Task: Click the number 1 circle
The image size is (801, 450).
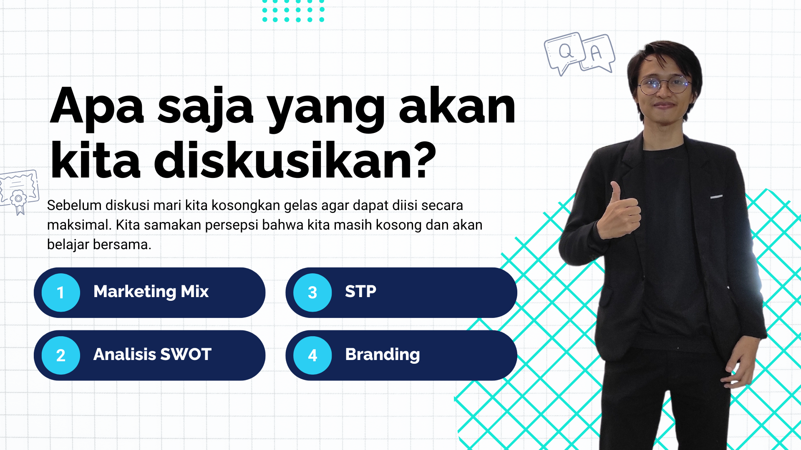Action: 61,292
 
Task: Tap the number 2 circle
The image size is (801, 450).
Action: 61,355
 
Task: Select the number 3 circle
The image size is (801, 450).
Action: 312,292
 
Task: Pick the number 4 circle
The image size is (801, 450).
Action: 312,355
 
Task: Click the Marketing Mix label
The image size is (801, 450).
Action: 151,292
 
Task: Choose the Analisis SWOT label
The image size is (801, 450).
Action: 152,354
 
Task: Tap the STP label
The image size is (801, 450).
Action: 360,291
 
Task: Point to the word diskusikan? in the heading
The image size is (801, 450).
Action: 295,160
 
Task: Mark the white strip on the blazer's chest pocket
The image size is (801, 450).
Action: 716,196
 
